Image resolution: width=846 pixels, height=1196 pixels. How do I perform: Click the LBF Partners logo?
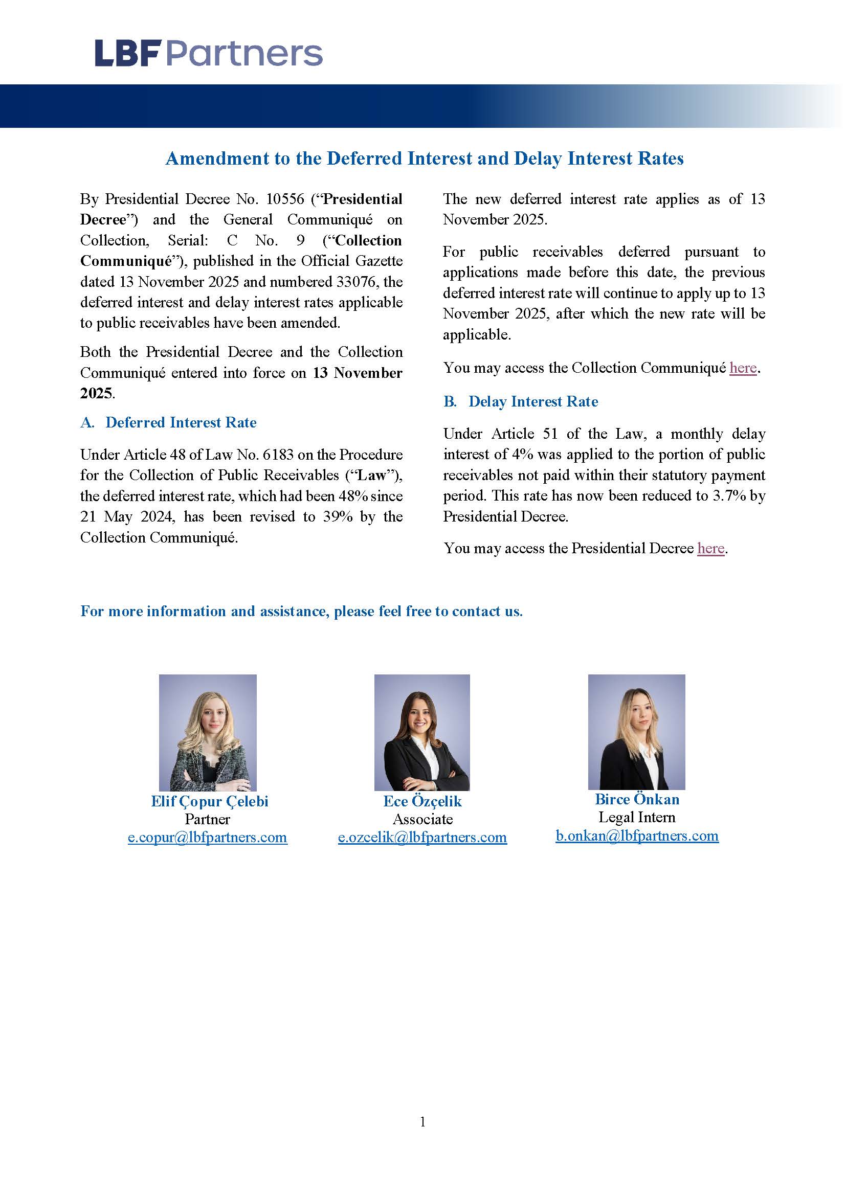pos(208,54)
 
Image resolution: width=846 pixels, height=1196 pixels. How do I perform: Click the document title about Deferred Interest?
pos(424,159)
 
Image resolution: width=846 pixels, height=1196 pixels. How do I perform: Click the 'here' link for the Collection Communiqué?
pos(743,368)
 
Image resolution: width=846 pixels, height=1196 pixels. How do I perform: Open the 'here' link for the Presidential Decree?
pos(710,549)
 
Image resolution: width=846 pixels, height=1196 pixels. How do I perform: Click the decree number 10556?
pos(285,199)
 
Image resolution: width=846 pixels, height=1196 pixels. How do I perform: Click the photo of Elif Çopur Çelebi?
pos(207,732)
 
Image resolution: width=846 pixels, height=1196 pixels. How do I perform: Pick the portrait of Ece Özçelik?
pos(422,732)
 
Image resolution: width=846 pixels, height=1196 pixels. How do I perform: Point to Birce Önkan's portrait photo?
pos(637,731)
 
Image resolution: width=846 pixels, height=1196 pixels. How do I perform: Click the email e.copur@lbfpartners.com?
pos(207,838)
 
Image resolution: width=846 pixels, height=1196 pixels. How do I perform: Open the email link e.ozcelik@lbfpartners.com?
pos(422,838)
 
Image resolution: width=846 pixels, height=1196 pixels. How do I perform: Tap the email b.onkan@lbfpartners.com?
pos(637,836)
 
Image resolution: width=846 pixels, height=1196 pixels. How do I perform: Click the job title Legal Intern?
pos(637,818)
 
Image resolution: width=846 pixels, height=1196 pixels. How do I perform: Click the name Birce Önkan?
pos(637,800)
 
